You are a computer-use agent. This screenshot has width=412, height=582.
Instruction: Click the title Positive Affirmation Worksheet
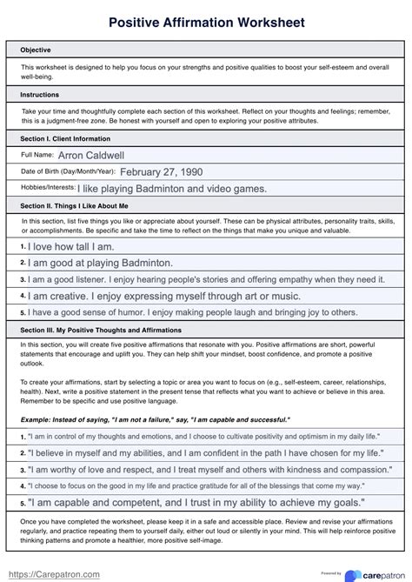click(x=206, y=21)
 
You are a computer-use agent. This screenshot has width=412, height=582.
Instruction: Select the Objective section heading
click(x=36, y=50)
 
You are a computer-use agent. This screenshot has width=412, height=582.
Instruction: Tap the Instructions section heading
click(x=40, y=94)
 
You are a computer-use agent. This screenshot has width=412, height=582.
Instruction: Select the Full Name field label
click(x=37, y=155)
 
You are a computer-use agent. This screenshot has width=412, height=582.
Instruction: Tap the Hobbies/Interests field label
click(x=48, y=188)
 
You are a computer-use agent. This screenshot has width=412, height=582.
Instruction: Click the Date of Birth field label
click(x=67, y=171)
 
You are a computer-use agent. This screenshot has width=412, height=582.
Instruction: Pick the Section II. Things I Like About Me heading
click(x=75, y=205)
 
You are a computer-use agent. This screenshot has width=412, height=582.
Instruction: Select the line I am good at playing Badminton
click(x=101, y=263)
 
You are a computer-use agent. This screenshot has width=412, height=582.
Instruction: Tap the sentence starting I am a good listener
click(x=207, y=279)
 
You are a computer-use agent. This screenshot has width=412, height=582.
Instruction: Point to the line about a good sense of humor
click(x=193, y=311)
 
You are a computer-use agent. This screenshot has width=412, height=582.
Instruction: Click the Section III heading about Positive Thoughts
click(x=101, y=329)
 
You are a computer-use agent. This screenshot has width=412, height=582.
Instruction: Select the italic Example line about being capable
click(x=155, y=419)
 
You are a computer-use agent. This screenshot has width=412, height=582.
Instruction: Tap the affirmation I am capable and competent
click(x=196, y=503)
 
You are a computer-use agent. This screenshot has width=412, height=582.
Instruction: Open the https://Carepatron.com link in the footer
click(x=54, y=573)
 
